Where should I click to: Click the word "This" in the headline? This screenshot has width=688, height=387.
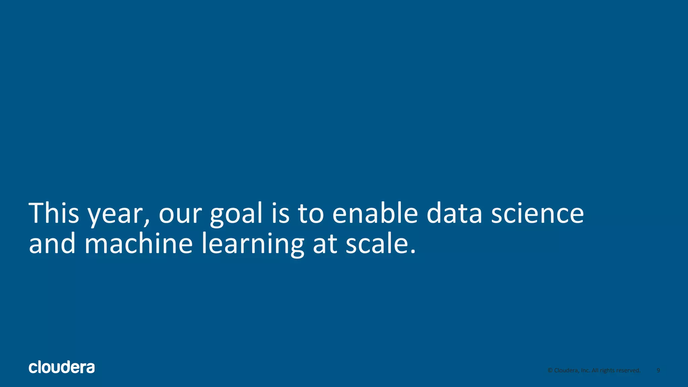54,213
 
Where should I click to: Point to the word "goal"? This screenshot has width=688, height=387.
236,215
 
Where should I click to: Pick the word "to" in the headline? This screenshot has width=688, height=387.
311,214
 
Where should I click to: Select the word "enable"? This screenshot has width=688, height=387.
375,213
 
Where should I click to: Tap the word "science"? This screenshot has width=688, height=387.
537,214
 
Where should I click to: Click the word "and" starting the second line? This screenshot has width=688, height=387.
52,244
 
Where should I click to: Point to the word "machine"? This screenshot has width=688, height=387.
138,244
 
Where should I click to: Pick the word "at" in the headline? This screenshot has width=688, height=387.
325,244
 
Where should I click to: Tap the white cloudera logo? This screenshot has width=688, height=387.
62,368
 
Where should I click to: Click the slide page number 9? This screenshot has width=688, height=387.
658,370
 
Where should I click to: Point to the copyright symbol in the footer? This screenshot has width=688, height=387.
550,370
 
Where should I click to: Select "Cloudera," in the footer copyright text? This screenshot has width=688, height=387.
567,370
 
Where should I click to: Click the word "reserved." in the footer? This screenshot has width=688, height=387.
628,370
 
